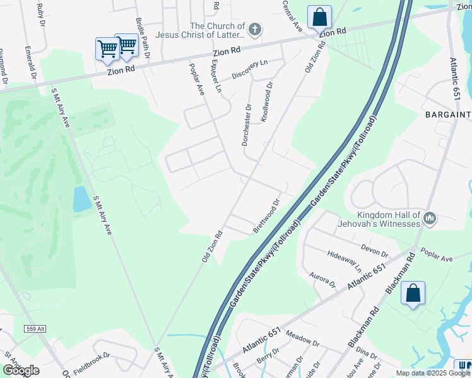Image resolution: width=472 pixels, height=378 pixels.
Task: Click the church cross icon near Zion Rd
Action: pos(254,30)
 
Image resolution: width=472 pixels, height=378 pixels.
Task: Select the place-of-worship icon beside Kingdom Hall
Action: pos(430,219)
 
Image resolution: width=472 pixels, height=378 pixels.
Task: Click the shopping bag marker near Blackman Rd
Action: pos(413,294)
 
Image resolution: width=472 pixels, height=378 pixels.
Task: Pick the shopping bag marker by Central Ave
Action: pos(320,17)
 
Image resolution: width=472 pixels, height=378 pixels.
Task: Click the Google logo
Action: pos(21,370)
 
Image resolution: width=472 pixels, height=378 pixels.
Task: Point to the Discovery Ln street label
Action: pos(250,70)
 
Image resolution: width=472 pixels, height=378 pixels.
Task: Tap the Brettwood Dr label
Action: pos(266,217)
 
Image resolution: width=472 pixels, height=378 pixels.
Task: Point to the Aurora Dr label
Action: pos(323,281)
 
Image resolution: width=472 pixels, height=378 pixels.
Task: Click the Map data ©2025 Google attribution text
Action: pos(433,373)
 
